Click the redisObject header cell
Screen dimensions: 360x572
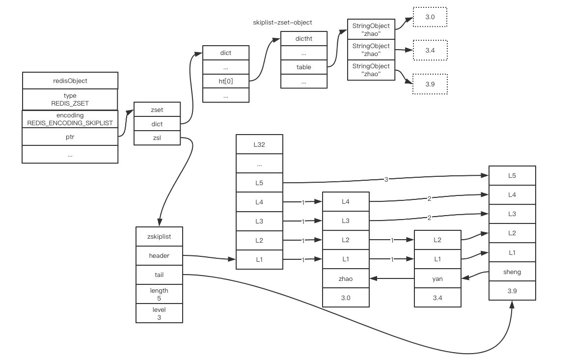point(70,81)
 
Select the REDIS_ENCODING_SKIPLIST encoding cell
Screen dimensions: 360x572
point(70,119)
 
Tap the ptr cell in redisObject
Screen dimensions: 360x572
point(70,137)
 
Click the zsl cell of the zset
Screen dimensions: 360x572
point(157,138)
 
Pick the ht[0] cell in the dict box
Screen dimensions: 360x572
point(226,81)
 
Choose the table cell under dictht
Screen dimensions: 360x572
point(303,67)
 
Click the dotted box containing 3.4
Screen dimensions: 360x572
point(430,51)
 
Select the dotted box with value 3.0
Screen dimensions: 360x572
point(430,17)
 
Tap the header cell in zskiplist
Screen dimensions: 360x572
point(159,255)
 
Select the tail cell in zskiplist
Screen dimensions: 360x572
point(159,275)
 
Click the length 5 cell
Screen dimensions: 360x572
point(159,294)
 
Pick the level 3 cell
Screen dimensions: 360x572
point(159,313)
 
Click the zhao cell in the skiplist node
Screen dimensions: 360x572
point(346,278)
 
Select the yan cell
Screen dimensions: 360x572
point(437,278)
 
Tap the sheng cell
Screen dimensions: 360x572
point(512,272)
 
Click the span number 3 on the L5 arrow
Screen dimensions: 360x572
point(386,180)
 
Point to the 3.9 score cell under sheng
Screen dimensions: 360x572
point(512,291)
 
